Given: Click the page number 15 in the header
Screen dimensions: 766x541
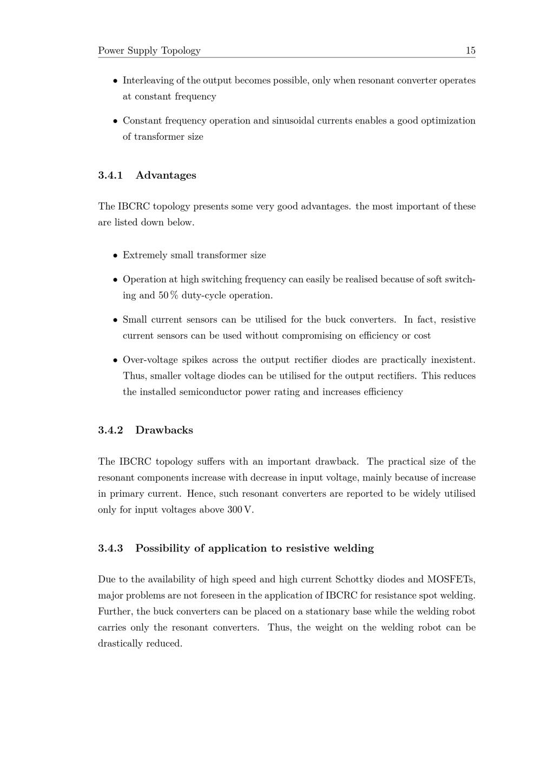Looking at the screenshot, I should [x=470, y=50].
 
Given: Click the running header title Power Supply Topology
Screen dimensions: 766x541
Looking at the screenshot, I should [x=149, y=50].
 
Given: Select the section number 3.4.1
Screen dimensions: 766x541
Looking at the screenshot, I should [x=110, y=175].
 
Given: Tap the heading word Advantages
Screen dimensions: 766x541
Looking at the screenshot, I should [x=166, y=175].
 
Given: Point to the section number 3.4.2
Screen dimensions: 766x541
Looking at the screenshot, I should [x=110, y=430].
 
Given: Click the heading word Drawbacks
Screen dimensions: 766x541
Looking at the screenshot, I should [x=164, y=430].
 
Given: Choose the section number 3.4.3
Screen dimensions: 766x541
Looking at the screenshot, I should [x=110, y=548].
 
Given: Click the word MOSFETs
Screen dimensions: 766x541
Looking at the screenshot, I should [x=451, y=579].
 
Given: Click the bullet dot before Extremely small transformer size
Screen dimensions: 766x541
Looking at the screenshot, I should [x=115, y=256].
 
